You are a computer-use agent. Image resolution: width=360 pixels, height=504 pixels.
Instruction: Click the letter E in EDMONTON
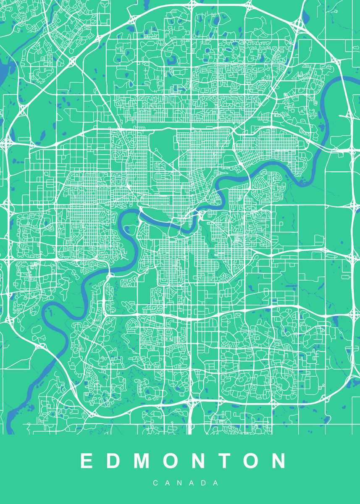pos(87,461)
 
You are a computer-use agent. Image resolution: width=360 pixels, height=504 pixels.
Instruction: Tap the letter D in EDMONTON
pos(113,461)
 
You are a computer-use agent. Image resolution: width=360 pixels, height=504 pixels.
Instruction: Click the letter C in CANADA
pos(155,483)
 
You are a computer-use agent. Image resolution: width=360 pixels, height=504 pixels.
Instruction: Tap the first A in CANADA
pos(167,483)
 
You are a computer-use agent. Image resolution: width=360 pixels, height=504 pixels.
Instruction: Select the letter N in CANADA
pos(179,483)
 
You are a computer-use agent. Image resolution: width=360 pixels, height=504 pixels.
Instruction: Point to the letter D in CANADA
pos(204,483)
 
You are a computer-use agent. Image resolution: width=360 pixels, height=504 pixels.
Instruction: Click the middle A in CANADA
pos(192,483)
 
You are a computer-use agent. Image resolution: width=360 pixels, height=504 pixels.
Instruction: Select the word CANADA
pos(185,483)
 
